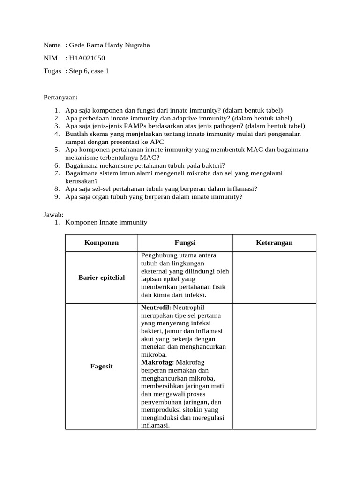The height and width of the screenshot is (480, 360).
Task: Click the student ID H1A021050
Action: (87, 58)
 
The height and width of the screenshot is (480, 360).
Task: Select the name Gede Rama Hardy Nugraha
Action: (110, 45)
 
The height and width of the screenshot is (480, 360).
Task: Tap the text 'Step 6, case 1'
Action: (89, 71)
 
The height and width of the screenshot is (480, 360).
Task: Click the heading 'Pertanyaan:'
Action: (60, 97)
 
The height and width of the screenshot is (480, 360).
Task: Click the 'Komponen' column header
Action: (101, 243)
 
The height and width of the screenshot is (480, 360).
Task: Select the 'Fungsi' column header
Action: (185, 243)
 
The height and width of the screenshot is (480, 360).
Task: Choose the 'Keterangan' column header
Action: (274, 243)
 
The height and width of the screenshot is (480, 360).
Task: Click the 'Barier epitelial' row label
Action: (101, 277)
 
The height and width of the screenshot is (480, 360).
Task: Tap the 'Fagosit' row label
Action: (101, 366)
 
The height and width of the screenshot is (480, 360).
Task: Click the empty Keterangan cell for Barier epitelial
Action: (274, 277)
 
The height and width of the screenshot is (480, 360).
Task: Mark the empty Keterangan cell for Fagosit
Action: (274, 366)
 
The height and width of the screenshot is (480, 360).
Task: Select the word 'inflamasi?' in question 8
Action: (241, 189)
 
